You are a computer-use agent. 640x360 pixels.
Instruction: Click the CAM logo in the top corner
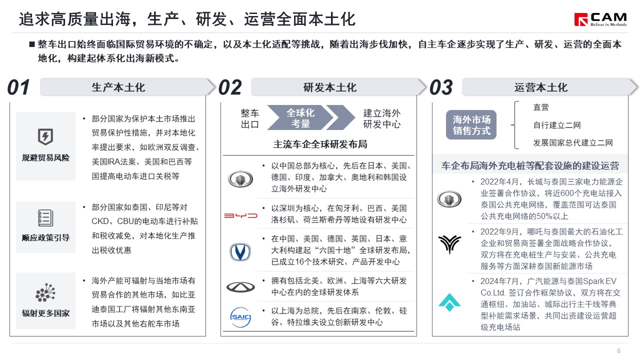pyautogui.click(x=600, y=19)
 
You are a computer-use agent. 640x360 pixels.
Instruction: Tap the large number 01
pyautogui.click(x=18, y=87)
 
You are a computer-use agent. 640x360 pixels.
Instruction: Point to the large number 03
pyautogui.click(x=441, y=87)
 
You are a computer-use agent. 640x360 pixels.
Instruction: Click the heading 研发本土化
pyautogui.click(x=330, y=87)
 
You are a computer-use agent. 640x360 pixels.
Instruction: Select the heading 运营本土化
pyautogui.click(x=541, y=87)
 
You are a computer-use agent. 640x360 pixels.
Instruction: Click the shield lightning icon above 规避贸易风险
pyautogui.click(x=45, y=136)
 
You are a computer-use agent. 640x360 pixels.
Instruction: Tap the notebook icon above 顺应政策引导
pyautogui.click(x=45, y=218)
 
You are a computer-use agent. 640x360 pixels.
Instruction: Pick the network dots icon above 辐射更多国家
pyautogui.click(x=45, y=292)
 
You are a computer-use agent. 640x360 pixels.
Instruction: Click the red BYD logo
pyautogui.click(x=240, y=215)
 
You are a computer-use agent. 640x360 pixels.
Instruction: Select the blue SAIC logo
pyautogui.click(x=240, y=317)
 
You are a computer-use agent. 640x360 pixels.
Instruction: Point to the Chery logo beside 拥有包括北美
pyautogui.click(x=240, y=287)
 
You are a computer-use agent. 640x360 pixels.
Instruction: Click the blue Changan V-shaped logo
pyautogui.click(x=240, y=252)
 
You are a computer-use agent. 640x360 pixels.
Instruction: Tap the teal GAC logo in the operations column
pyautogui.click(x=449, y=302)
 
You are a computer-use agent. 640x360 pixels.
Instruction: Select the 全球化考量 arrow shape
pyautogui.click(x=300, y=117)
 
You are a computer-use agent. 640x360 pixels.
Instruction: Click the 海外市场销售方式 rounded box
pyautogui.click(x=471, y=125)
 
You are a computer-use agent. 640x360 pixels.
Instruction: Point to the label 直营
pyautogui.click(x=541, y=107)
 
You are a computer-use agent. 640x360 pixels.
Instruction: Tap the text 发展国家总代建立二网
pyautogui.click(x=573, y=142)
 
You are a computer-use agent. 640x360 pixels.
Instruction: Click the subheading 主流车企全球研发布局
pyautogui.click(x=320, y=144)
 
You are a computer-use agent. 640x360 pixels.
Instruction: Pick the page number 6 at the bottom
pyautogui.click(x=619, y=351)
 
